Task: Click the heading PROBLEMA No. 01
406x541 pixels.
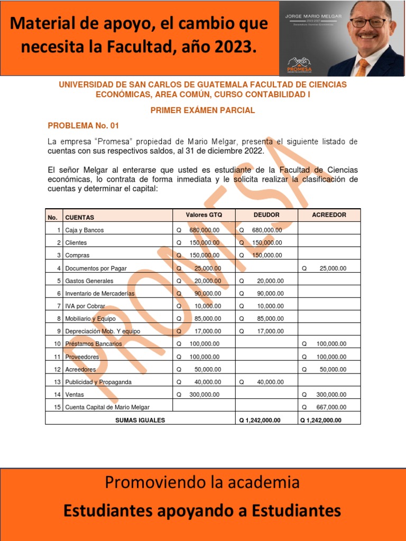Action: (x=84, y=126)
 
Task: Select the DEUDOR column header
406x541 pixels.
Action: (x=266, y=215)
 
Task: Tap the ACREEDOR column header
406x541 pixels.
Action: (x=329, y=215)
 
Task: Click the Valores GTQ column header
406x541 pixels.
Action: (x=204, y=215)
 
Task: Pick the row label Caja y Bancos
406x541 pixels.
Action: (x=84, y=230)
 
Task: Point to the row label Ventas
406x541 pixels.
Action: (x=75, y=395)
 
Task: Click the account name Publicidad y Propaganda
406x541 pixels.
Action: (x=98, y=382)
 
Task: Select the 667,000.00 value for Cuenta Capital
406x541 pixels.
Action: (x=331, y=407)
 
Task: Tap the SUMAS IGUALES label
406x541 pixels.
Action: (x=140, y=420)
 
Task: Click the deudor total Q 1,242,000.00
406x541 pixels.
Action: (x=260, y=421)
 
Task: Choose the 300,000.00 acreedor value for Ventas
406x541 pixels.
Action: (x=331, y=395)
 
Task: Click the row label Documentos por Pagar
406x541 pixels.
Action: (x=96, y=268)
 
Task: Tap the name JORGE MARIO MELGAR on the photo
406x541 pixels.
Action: (x=313, y=16)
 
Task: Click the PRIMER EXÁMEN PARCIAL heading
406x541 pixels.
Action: (x=202, y=110)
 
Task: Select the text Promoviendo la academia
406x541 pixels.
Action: (x=202, y=482)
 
